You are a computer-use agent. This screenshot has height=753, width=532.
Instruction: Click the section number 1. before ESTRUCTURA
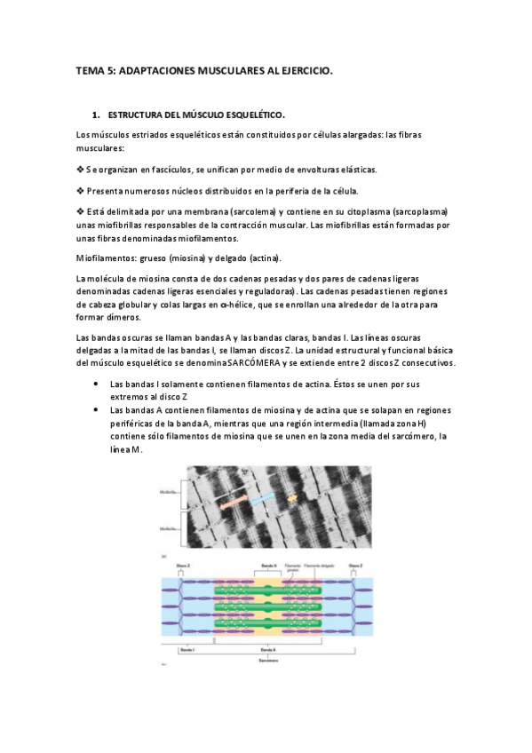click(96, 115)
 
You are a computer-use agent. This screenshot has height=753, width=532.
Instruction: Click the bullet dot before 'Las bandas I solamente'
click(95, 384)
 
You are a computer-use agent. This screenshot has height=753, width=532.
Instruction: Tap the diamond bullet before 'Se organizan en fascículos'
click(81, 169)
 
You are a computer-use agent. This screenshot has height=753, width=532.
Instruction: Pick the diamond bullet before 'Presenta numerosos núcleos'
click(81, 191)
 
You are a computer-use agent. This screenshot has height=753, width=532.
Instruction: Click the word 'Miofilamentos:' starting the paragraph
click(107, 258)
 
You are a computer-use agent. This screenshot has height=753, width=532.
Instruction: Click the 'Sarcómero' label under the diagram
click(267, 661)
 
